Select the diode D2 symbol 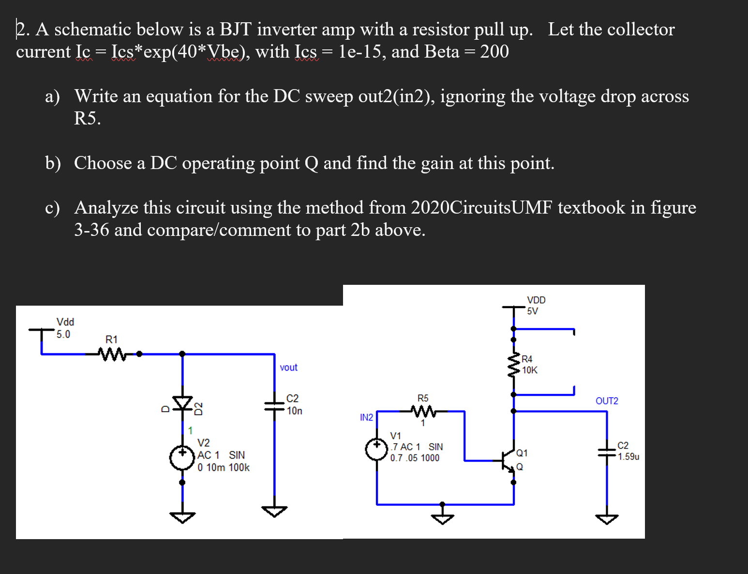[x=182, y=403]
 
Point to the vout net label [x=288, y=368]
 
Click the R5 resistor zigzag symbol [x=423, y=412]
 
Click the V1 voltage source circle [x=377, y=449]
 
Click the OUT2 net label [x=607, y=401]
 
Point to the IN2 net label [x=366, y=418]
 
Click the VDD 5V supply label [x=536, y=306]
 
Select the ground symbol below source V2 [x=182, y=517]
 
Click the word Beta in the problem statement [x=441, y=52]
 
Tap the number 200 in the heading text [x=494, y=52]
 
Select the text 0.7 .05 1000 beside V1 [x=415, y=458]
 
